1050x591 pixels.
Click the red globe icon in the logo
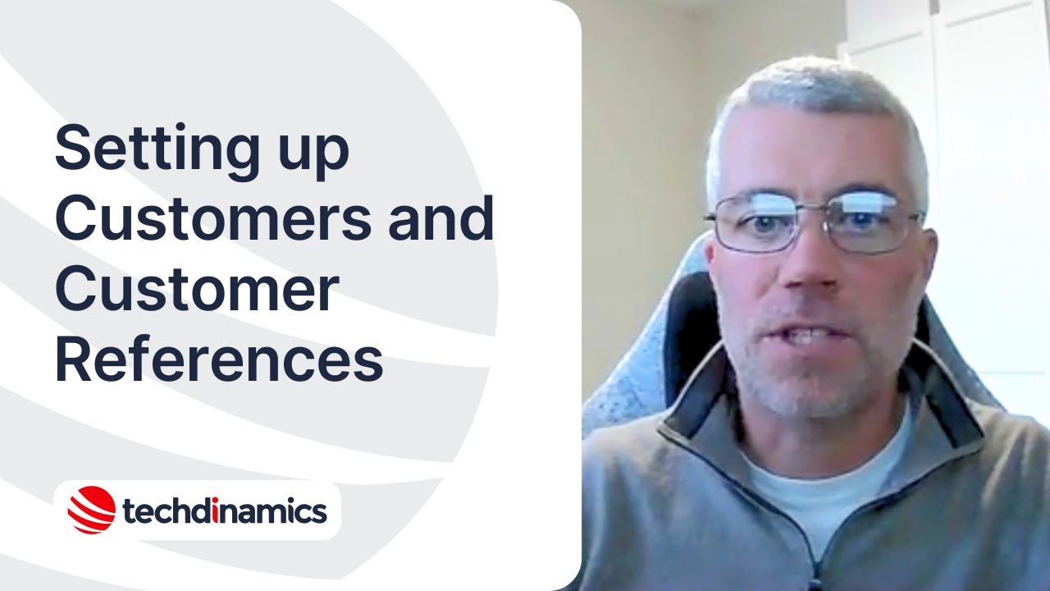click(91, 510)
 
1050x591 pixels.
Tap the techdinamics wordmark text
click(224, 511)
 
